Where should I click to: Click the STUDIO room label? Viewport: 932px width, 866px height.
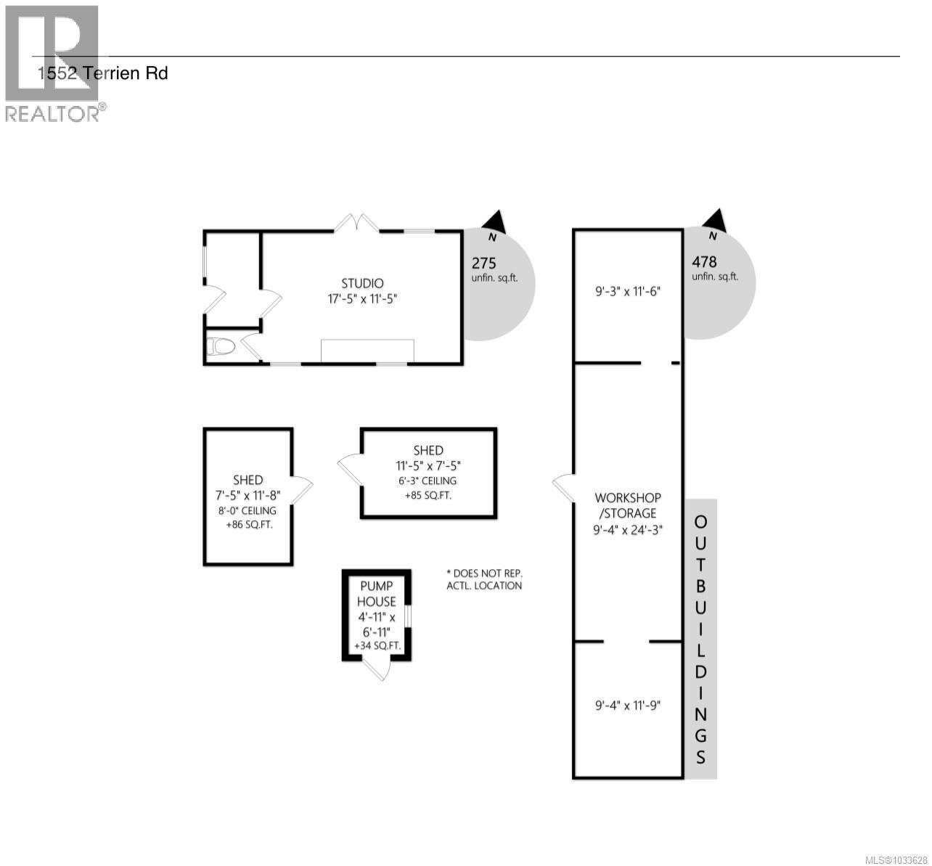click(x=362, y=283)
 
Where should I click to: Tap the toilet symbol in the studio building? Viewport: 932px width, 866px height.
click(x=221, y=347)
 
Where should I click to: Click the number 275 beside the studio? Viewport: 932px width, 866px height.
click(x=484, y=263)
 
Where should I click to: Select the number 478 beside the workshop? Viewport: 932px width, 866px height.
click(x=704, y=262)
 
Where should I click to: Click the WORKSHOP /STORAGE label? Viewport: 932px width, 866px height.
click(x=628, y=506)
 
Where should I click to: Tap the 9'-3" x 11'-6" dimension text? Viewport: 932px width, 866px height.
click(x=628, y=293)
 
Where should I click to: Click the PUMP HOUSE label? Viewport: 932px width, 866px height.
click(x=376, y=594)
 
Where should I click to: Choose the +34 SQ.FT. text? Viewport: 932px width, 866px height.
click(x=377, y=645)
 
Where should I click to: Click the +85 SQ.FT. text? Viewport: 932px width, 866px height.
click(x=428, y=497)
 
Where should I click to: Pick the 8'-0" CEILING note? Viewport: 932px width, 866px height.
click(x=248, y=510)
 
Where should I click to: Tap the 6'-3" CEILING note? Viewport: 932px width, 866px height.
click(x=428, y=481)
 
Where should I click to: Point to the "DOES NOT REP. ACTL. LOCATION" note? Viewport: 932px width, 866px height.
click(x=484, y=579)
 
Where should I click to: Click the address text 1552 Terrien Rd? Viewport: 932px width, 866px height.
click(x=103, y=73)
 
